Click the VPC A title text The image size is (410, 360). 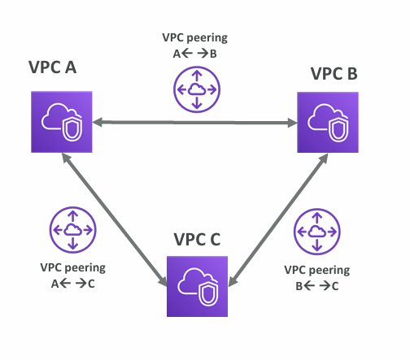[52, 67]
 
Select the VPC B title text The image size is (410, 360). [334, 74]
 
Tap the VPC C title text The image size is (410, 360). [197, 240]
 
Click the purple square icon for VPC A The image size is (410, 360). [62, 122]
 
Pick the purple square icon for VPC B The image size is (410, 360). [328, 122]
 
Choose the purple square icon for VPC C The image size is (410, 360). [197, 286]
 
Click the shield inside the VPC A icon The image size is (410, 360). [72, 129]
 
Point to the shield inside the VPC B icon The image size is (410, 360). [338, 130]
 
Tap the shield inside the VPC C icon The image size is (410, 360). [208, 294]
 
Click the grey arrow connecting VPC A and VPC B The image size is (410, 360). [194, 123]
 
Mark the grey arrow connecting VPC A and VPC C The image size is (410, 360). [115, 219]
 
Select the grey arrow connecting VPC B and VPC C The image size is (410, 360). [278, 220]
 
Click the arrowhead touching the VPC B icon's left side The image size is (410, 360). [292, 123]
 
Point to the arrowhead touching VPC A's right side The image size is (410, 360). [98, 122]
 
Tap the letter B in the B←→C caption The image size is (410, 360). [299, 286]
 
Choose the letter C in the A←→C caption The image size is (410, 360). [91, 284]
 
